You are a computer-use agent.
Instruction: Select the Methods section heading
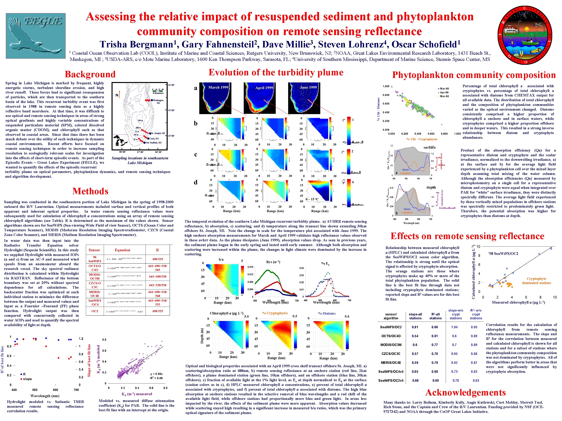pos(90,191)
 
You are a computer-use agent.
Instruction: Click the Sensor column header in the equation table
pos(94,250)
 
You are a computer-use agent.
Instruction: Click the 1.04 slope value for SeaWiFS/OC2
pos(454,327)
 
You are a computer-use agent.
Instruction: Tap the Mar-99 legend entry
pos(444,89)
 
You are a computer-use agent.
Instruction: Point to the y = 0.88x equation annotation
pos(156,374)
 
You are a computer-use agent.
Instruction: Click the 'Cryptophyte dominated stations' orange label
pos(536,281)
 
